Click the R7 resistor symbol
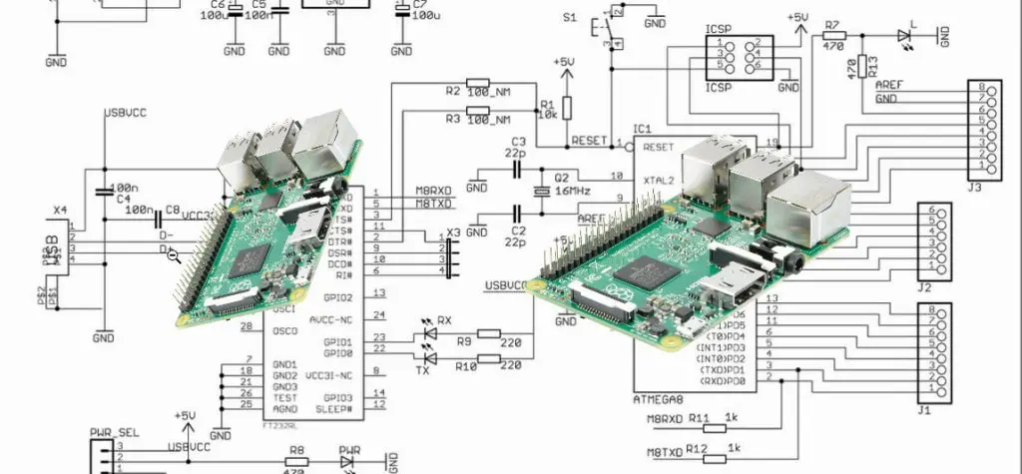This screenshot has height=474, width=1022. pos(834,36)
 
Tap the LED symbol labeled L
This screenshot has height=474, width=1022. pos(904,36)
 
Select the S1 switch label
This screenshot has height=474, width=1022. pos(569,18)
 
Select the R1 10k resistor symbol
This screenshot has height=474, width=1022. pos(566,107)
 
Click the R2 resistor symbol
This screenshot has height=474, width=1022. pos(478,82)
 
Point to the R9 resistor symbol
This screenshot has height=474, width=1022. pos(489,334)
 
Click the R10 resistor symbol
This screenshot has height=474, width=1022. pos(489,357)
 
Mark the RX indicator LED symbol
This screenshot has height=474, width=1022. pos(430,334)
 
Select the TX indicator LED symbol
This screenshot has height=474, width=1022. pos(430,357)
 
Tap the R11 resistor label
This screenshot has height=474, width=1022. pos(699,419)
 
